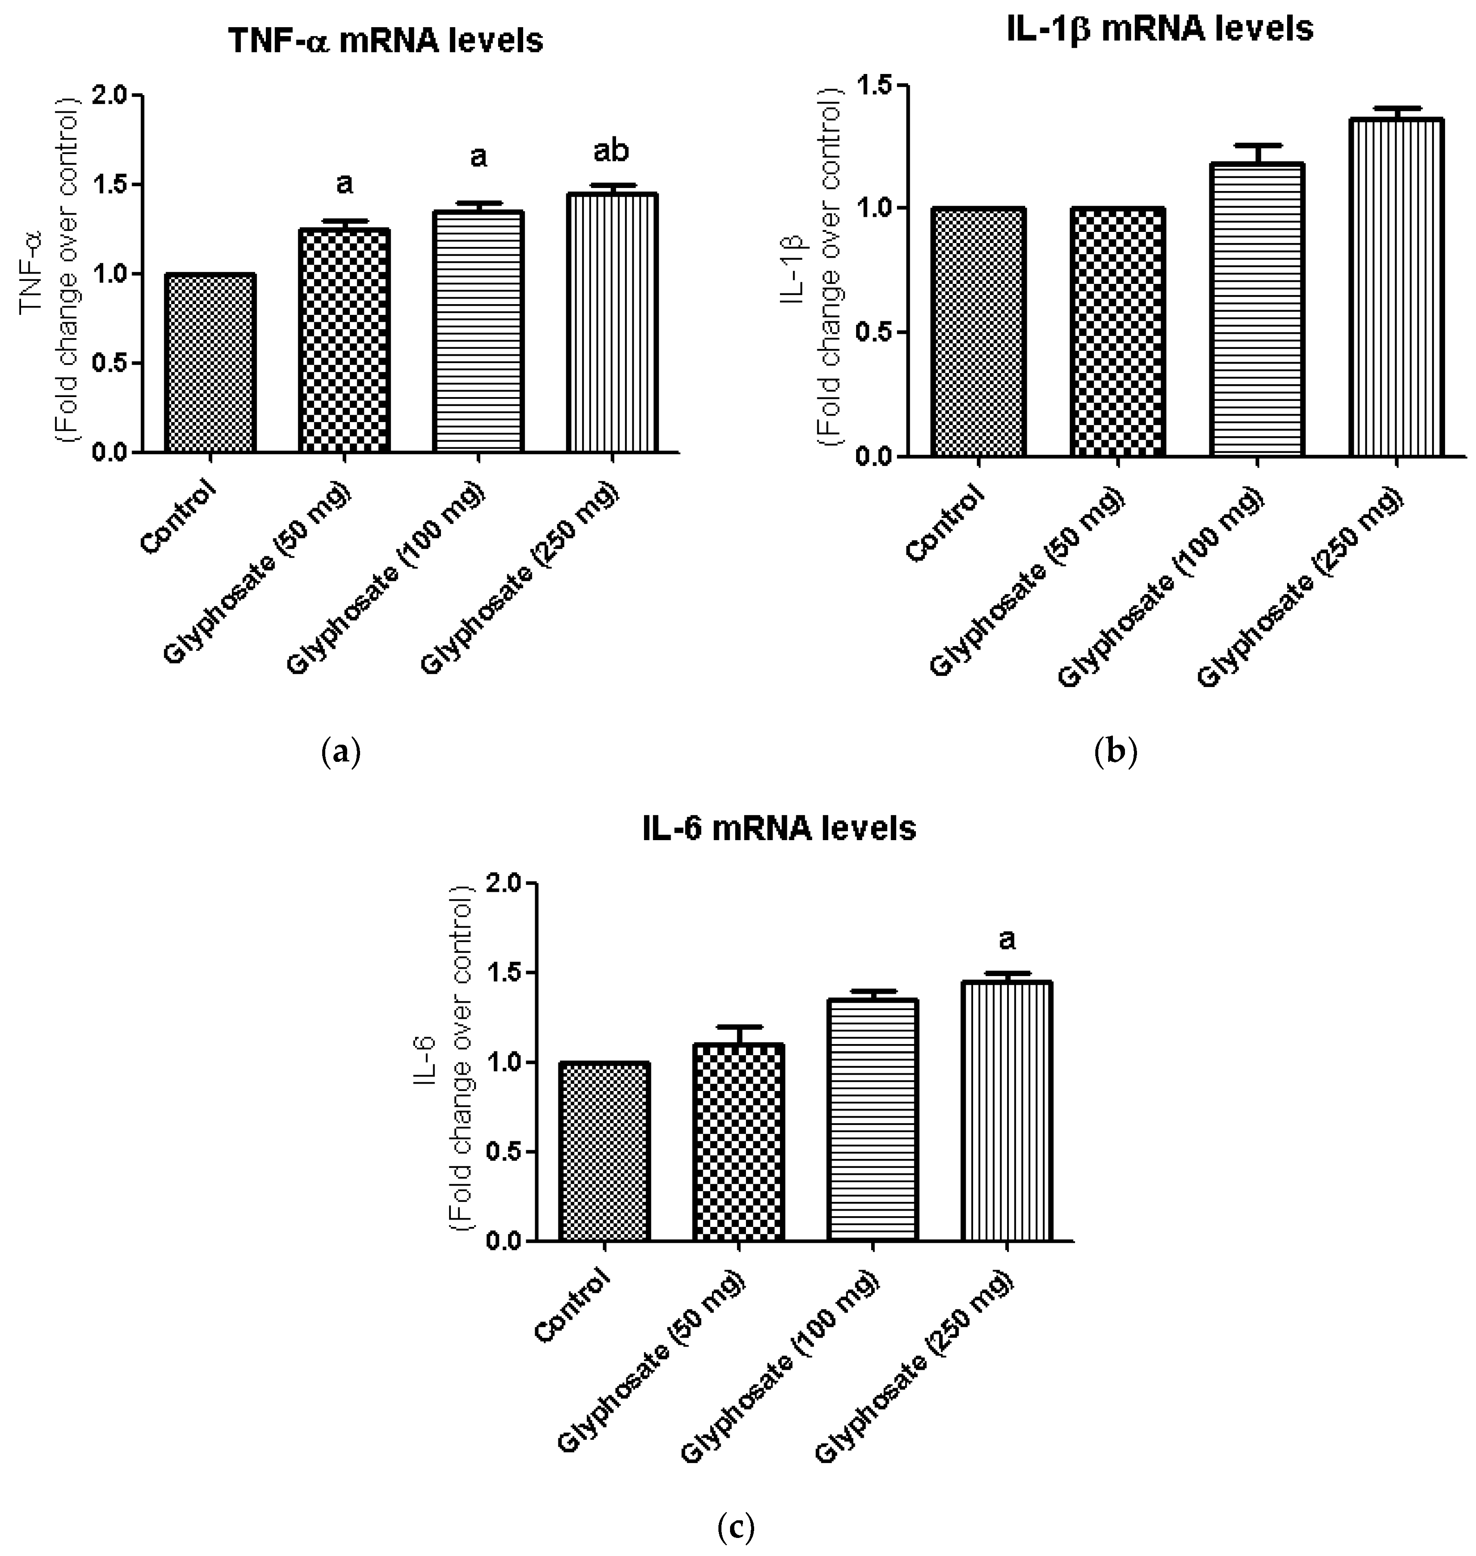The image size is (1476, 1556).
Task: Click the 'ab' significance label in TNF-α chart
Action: tap(611, 151)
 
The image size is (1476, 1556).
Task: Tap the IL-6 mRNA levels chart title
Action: tap(779, 829)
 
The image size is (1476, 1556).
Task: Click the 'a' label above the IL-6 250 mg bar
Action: tap(1006, 939)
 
